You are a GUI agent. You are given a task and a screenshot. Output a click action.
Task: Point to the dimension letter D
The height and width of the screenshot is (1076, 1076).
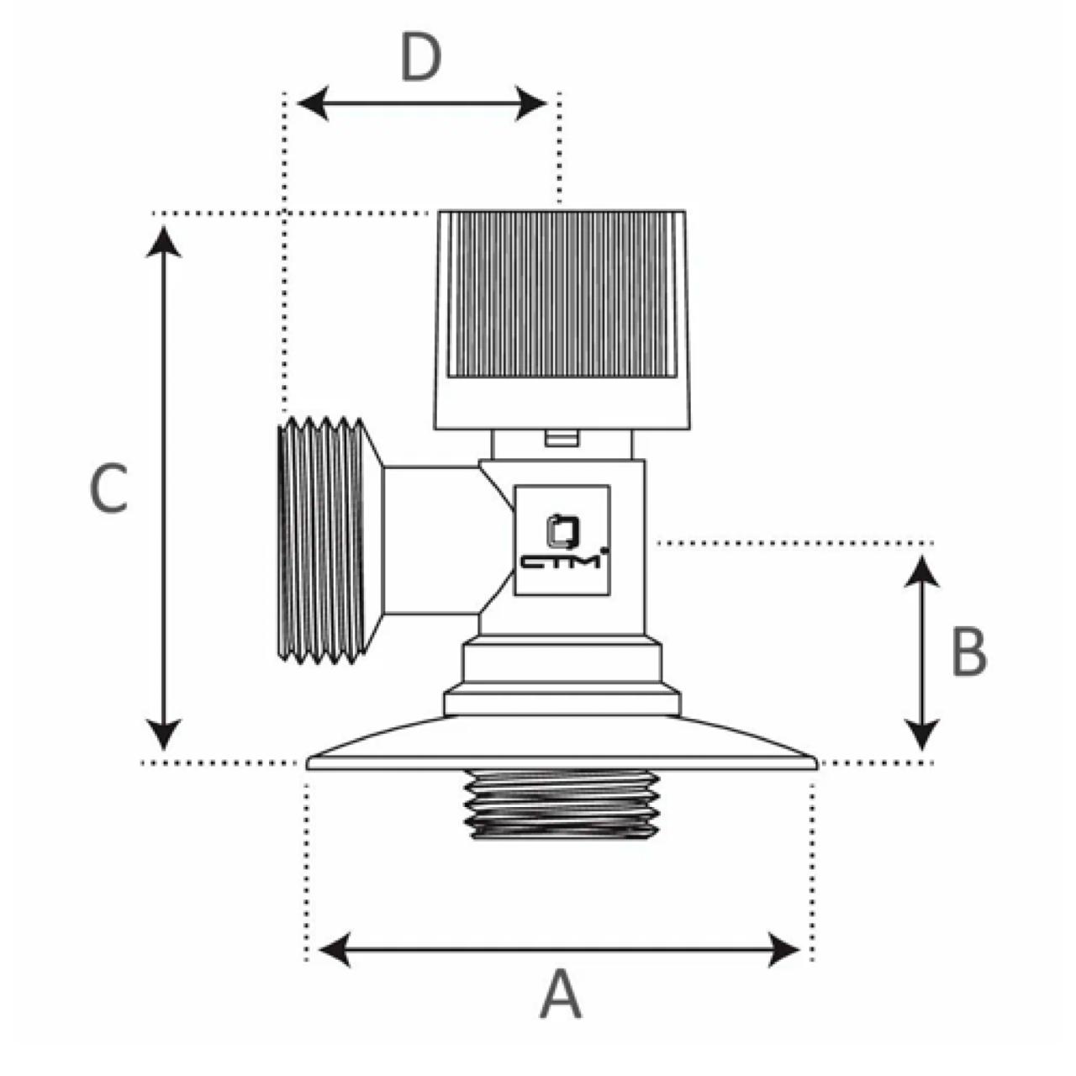pos(420,59)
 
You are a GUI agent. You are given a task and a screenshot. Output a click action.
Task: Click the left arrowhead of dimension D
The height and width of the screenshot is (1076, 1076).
pos(313,103)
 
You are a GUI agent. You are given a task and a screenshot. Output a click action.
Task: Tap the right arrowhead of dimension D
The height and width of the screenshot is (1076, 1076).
pos(530,103)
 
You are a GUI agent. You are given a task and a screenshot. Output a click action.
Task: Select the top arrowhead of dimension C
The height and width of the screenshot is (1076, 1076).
pos(164,241)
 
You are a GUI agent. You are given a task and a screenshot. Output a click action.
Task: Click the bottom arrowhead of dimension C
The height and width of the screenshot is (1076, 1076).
pos(164,735)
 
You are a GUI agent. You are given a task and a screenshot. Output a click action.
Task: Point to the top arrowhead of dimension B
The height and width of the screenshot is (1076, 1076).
pos(922,572)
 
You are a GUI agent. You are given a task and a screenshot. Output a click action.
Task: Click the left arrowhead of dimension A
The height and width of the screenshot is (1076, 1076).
pos(335,949)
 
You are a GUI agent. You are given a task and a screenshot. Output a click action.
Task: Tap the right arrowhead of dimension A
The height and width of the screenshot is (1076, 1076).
pos(783,949)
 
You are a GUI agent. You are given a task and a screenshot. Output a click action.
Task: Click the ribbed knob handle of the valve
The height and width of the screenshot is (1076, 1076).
pos(562,320)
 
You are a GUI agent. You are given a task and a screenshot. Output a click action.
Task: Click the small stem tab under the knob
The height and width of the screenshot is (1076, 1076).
pos(562,438)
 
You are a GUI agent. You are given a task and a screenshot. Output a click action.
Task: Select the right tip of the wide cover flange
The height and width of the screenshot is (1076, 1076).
pos(817,764)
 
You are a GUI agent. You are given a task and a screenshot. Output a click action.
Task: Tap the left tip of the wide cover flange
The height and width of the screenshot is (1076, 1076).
pos(308,764)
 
